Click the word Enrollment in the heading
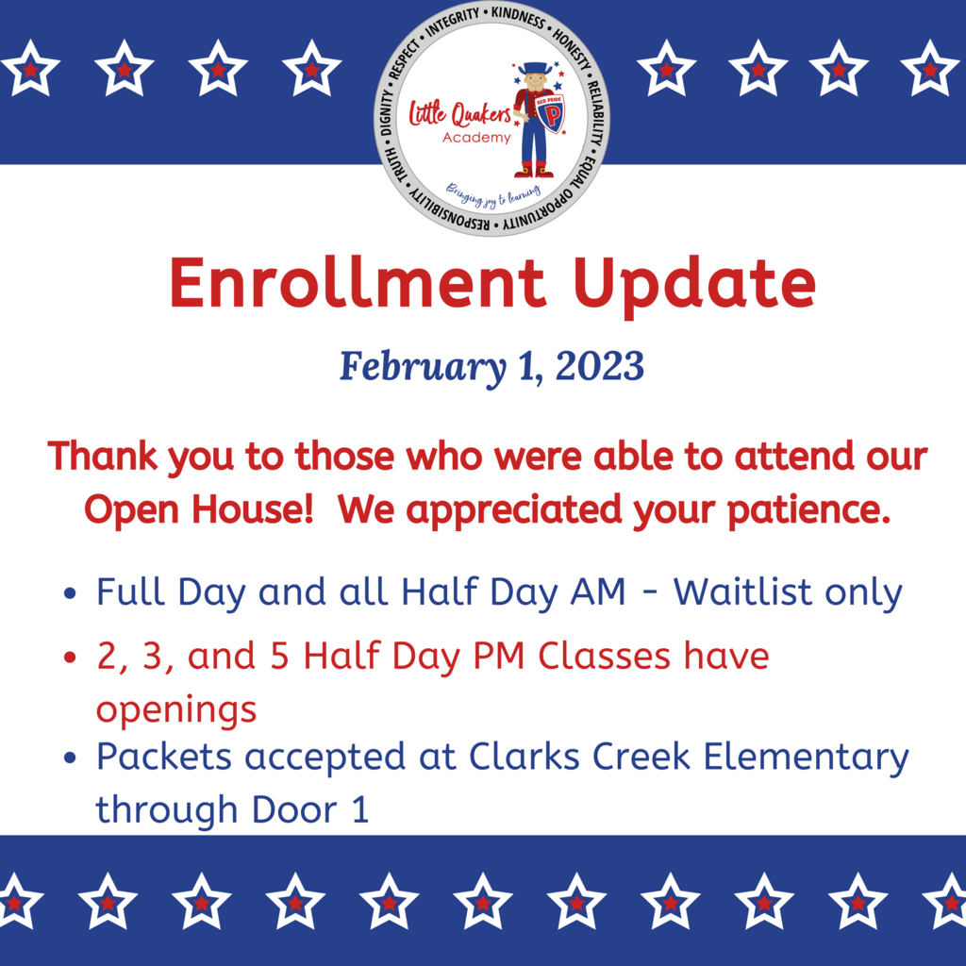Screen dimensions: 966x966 pyautogui.click(x=358, y=282)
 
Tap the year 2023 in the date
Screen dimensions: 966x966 pyautogui.click(x=599, y=367)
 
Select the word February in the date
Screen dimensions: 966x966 pyautogui.click(x=424, y=368)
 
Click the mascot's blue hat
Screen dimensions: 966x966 pyautogui.click(x=533, y=67)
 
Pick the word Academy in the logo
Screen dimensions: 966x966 pyautogui.click(x=476, y=138)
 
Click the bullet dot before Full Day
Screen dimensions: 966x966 pyautogui.click(x=70, y=593)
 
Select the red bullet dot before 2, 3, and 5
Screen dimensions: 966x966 pyautogui.click(x=70, y=657)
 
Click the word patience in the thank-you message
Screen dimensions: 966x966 pyautogui.click(x=808, y=511)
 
